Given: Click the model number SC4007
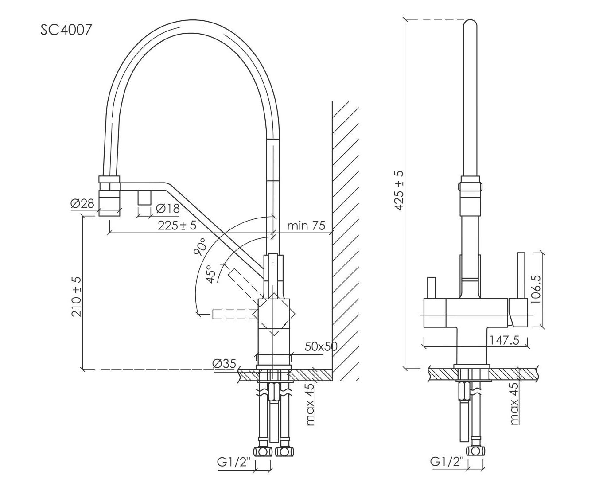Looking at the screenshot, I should pyautogui.click(x=66, y=30).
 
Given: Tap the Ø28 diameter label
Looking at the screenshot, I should pyautogui.click(x=82, y=204).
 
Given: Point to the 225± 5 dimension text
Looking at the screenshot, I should pyautogui.click(x=177, y=225).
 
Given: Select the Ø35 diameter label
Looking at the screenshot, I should pyautogui.click(x=224, y=364).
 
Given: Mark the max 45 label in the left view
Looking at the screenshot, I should pyautogui.click(x=310, y=404).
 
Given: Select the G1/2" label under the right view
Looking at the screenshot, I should pyautogui.click(x=447, y=462).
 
